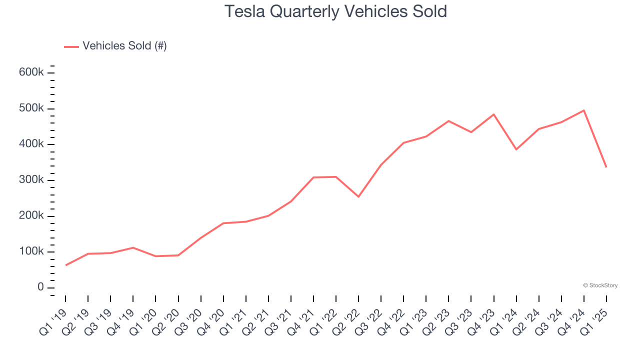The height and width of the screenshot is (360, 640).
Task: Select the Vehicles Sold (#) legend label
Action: pyautogui.click(x=124, y=46)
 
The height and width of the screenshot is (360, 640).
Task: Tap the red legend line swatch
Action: pyautogui.click(x=71, y=46)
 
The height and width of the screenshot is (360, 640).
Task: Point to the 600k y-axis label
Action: pyautogui.click(x=31, y=72)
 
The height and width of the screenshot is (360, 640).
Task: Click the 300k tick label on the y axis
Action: pyautogui.click(x=31, y=180)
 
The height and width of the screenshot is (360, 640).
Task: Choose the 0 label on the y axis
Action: pyautogui.click(x=40, y=287)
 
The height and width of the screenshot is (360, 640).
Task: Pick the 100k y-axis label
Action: pyautogui.click(x=31, y=251)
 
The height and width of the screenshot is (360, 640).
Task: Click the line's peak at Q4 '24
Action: pyautogui.click(x=584, y=110)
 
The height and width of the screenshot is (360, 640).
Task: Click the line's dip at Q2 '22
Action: pyautogui.click(x=358, y=196)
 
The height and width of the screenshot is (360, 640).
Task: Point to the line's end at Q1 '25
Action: pyautogui.click(x=606, y=167)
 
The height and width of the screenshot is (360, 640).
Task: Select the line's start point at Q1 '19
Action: pyautogui.click(x=66, y=265)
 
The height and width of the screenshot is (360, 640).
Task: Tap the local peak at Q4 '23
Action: pyautogui.click(x=494, y=114)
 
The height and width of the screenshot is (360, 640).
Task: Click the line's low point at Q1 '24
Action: pyautogui.click(x=516, y=149)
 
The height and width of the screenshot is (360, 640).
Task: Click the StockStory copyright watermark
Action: pyautogui.click(x=600, y=285)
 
